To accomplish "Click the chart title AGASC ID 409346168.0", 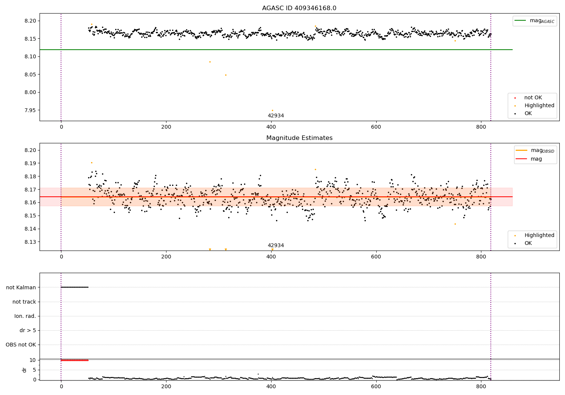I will pos(299,8).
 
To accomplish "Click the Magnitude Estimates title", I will pos(299,138).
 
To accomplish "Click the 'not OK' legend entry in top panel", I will pos(533,98).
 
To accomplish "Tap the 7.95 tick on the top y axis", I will pos(31,110).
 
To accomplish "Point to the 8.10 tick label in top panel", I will pos(31,56).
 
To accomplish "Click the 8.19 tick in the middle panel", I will pos(31,163).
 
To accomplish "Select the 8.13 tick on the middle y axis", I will pos(31,242).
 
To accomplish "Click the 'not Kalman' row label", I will pos(21,287).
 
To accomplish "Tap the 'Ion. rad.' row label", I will pos(25,316).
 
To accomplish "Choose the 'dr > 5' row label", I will pos(28,330).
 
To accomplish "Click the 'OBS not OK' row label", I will pos(21,345).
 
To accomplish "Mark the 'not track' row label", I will pos(24,302).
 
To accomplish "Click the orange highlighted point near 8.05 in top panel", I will pos(226,75).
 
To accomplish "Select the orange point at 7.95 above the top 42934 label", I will pos(272,110).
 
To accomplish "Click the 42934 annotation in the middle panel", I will pos(276,245).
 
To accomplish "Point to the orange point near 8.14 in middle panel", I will pos(455,224).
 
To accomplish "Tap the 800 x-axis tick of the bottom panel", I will pos(481,386).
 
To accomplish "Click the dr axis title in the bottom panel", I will pos(24,370).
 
